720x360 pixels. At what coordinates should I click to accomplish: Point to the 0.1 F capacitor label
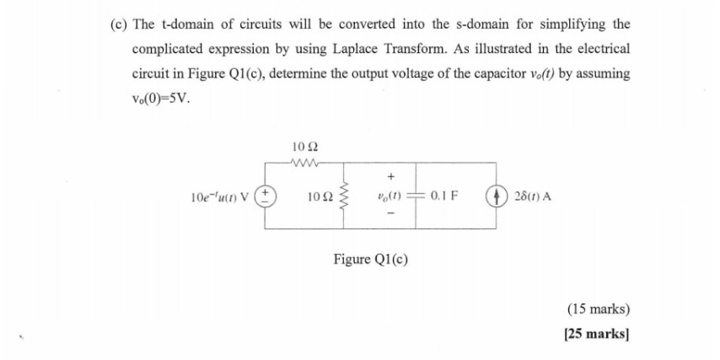point(443,198)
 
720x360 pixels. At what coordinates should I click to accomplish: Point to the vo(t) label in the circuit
point(390,198)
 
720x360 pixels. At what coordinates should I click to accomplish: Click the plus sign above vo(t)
point(390,178)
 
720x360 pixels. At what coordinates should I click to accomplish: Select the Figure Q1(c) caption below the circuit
point(371,258)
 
